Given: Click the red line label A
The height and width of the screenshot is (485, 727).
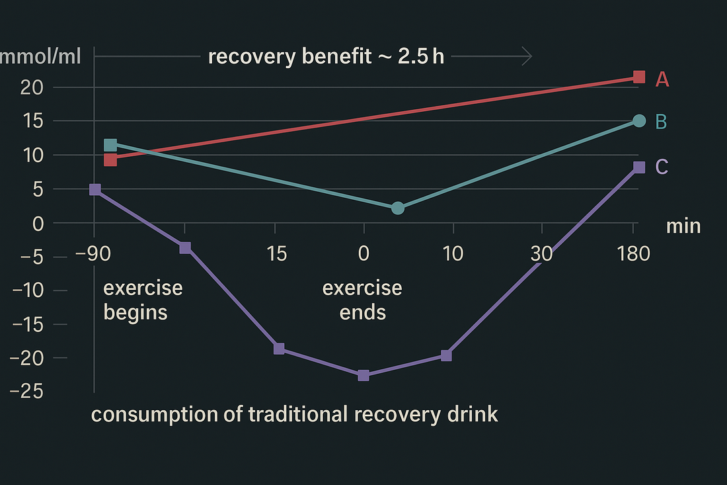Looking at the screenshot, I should click(x=662, y=79).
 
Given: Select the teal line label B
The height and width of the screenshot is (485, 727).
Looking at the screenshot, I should click(x=661, y=122).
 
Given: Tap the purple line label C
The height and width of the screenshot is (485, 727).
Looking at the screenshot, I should click(x=662, y=167).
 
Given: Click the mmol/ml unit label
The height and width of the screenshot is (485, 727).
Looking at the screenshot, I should click(x=41, y=57).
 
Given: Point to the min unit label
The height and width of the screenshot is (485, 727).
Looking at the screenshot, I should click(x=683, y=226).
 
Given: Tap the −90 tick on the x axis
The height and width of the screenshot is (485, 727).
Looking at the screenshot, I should click(x=95, y=253).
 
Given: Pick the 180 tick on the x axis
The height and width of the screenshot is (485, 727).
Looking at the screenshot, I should click(x=633, y=253).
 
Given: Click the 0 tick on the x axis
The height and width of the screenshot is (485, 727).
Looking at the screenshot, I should click(x=363, y=253).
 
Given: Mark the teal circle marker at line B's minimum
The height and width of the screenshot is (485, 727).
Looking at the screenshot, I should click(x=397, y=208).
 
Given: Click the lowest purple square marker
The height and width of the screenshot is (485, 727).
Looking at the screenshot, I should click(x=363, y=375).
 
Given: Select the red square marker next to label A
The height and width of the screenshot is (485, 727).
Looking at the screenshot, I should click(x=638, y=77).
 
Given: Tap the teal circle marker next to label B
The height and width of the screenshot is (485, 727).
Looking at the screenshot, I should click(x=638, y=120).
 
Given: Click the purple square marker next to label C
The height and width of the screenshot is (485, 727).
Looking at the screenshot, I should click(x=638, y=167).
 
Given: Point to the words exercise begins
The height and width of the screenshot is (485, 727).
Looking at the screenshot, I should click(x=143, y=300).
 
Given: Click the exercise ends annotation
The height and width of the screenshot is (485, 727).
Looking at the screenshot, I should click(x=362, y=300).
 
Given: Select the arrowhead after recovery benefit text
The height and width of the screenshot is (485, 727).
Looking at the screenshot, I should click(x=526, y=57).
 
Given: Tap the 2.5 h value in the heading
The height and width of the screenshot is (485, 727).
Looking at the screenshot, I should click(x=421, y=57).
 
